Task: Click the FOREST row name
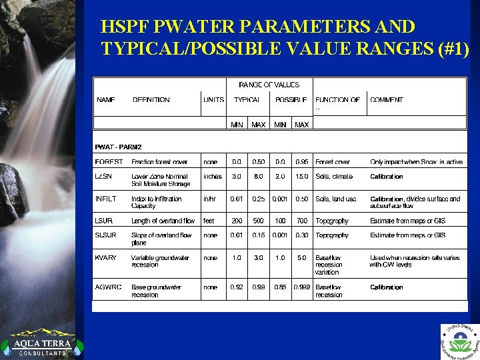tap(109, 162)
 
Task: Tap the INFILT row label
tap(107, 199)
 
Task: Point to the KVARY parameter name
tap(106, 258)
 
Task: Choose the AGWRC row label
tap(109, 287)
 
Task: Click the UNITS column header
tap(213, 100)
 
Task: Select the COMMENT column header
tap(387, 100)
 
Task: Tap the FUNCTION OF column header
tap(337, 100)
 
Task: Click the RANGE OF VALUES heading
tap(269, 85)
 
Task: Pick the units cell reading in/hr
tap(211, 199)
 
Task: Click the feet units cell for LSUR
tap(209, 221)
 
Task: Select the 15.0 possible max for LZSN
tap(302, 177)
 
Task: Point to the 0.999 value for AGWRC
tap(302, 287)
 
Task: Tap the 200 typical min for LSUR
tap(237, 221)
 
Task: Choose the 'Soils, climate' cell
tap(334, 177)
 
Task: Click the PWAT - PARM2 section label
tap(119, 147)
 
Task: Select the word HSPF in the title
tap(124, 27)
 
